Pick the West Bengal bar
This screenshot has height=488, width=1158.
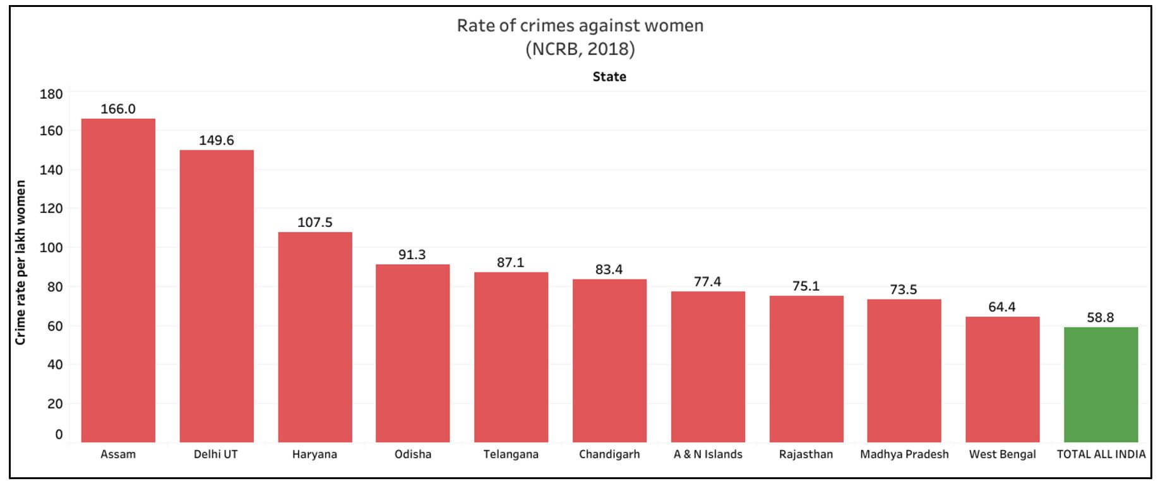point(1002,379)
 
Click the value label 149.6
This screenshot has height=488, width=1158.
point(217,140)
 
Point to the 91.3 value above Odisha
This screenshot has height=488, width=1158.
point(412,255)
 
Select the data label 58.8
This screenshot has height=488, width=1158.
point(1101,317)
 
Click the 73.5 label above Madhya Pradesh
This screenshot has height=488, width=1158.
point(904,290)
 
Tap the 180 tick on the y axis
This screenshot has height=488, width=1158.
point(51,94)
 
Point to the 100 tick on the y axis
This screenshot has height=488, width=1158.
point(51,248)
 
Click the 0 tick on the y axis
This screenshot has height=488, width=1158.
point(59,434)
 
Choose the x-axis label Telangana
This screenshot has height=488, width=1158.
point(511,454)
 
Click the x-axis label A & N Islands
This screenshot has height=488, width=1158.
point(707,454)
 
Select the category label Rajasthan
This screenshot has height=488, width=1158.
point(806,454)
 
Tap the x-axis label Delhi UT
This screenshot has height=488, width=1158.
point(216,454)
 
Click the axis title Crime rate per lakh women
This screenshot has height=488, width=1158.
point(21,262)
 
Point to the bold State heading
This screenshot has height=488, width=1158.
point(609,77)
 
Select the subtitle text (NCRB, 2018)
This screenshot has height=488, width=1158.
point(580,49)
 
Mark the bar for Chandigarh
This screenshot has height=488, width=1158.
point(609,360)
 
